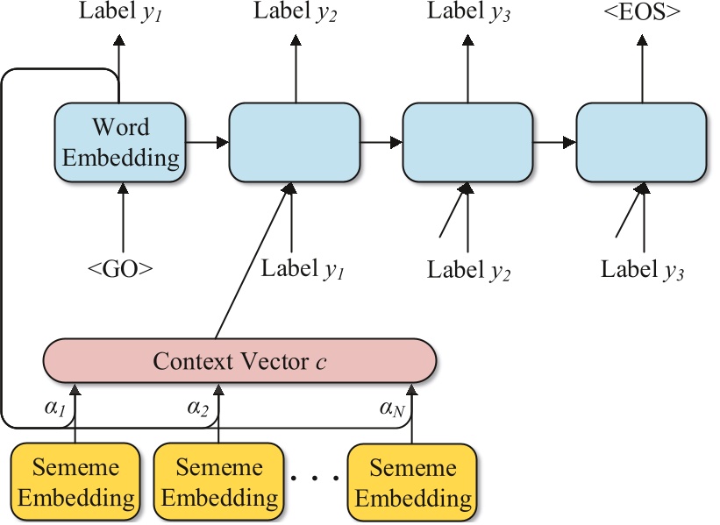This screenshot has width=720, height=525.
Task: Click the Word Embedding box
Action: tap(120, 142)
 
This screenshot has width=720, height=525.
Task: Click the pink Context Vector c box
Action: tap(239, 360)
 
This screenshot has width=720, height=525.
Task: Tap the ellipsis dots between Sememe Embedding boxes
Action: tap(315, 479)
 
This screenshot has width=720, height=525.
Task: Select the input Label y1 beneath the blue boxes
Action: tap(303, 268)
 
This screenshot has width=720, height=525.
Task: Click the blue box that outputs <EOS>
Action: tap(641, 142)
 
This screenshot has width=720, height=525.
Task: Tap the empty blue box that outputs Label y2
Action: tap(295, 142)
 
